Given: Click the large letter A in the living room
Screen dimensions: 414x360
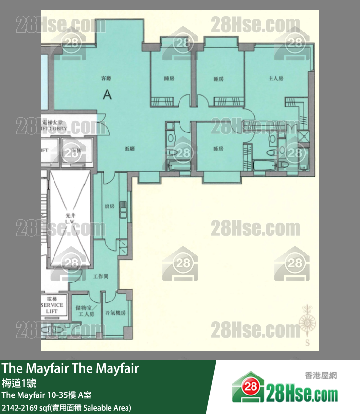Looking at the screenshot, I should pyautogui.click(x=108, y=94).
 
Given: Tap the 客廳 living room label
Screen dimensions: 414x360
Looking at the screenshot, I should pyautogui.click(x=106, y=78).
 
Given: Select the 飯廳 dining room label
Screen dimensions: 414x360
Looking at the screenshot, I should pyautogui.click(x=129, y=149).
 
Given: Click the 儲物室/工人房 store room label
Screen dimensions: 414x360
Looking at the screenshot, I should pyautogui.click(x=85, y=311).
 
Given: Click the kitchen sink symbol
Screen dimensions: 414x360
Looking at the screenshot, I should pyautogui.click(x=124, y=213).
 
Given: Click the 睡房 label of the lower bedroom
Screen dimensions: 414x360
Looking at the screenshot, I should pyautogui.click(x=218, y=149).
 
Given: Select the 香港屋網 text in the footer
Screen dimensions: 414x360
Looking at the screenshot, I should pyautogui.click(x=320, y=376).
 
